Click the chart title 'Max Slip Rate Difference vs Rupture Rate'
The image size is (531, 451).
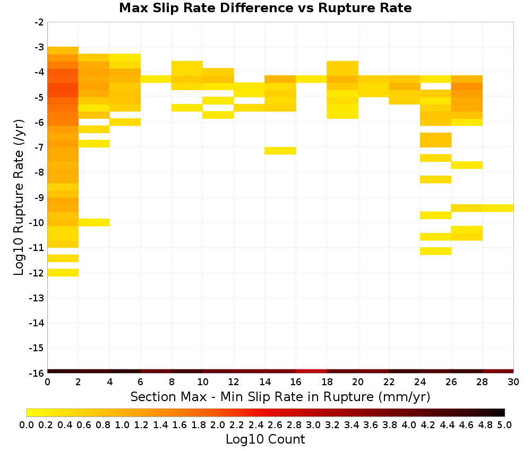(x=265, y=8)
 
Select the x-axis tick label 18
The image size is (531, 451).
(x=327, y=382)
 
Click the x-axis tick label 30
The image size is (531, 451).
(x=513, y=382)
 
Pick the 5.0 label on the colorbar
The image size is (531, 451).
(x=504, y=424)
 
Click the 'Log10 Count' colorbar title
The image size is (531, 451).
(x=265, y=439)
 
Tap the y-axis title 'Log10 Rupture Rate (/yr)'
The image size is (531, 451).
(x=19, y=197)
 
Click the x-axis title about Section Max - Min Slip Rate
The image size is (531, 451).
(x=280, y=397)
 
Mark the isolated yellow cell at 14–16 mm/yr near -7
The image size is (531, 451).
(x=280, y=151)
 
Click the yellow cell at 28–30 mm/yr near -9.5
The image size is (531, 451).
(x=498, y=208)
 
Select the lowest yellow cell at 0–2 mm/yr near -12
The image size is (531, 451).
(x=63, y=273)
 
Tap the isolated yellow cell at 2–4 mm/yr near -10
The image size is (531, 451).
(x=94, y=222)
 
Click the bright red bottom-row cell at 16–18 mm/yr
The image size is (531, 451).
(x=311, y=371)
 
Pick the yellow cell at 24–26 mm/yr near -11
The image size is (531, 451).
(x=435, y=251)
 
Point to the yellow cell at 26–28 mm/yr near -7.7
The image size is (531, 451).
(x=467, y=165)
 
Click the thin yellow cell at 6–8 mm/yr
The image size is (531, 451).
(x=156, y=79)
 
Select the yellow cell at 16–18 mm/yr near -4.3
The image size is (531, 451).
(x=311, y=79)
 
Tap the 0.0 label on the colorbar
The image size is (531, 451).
(x=27, y=424)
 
